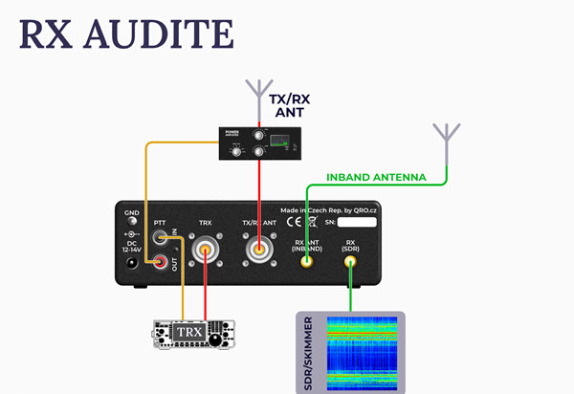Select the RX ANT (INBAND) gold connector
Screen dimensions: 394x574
click(x=307, y=260)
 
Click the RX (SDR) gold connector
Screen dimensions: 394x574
click(x=351, y=260)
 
